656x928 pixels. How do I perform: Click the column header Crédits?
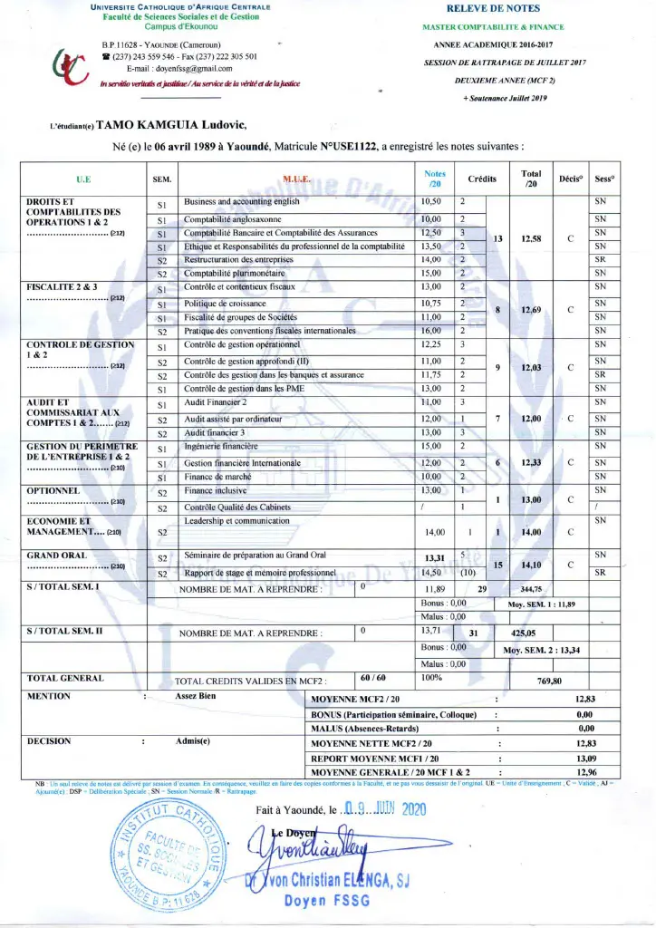coord(482,179)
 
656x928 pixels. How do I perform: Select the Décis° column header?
coord(571,179)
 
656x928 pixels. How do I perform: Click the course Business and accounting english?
coord(242,201)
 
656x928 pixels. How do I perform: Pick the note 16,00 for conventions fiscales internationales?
coord(430,332)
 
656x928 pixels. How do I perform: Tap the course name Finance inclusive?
coord(215,490)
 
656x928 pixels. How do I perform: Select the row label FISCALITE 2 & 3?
coord(63,287)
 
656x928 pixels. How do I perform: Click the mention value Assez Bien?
coord(196,697)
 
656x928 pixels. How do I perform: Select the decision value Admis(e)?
coord(192,741)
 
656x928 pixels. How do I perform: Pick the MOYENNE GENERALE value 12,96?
coord(585,771)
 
